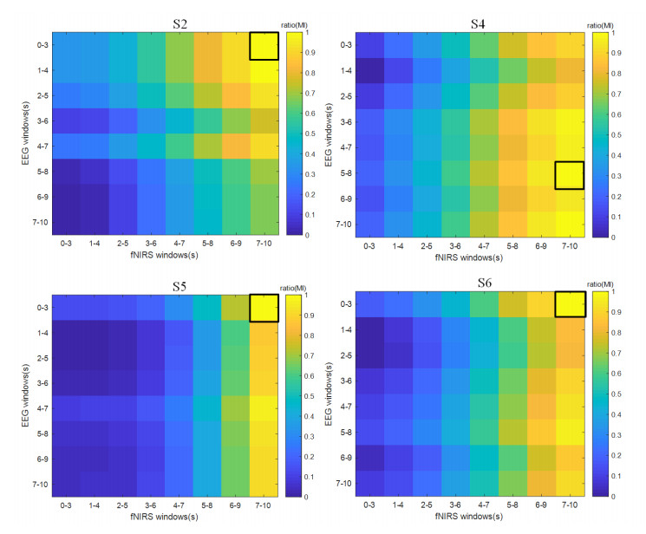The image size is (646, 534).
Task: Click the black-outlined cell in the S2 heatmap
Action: (x=264, y=46)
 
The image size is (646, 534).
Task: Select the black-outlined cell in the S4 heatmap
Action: (x=569, y=175)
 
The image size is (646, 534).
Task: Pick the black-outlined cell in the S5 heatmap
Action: (x=264, y=308)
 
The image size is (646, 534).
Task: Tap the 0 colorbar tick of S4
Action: (x=614, y=236)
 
